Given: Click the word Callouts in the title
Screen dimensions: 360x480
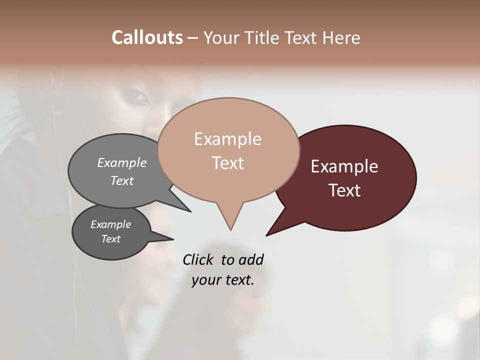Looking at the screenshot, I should [x=147, y=37].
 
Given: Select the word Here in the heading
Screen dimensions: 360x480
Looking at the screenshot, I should [x=341, y=37].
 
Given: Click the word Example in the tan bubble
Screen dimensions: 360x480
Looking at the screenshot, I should [x=227, y=139].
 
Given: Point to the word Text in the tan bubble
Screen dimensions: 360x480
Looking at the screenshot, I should [x=227, y=163].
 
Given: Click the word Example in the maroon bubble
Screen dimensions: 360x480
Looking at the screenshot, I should [x=344, y=166].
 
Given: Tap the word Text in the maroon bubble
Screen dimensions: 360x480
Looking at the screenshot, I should [x=344, y=190].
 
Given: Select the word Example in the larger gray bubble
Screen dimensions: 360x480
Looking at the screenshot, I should [x=122, y=163].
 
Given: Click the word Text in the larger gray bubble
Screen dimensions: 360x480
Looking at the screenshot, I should [x=122, y=181].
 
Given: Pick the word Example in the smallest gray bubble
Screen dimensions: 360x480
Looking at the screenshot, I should [x=110, y=224].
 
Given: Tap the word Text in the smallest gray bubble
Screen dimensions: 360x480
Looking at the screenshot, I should [x=110, y=239].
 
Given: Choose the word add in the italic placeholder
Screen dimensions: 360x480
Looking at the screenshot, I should [x=251, y=259].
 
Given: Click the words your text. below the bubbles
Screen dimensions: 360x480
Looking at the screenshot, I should [x=222, y=280].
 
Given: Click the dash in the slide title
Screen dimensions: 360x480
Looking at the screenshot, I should [x=193, y=38].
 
